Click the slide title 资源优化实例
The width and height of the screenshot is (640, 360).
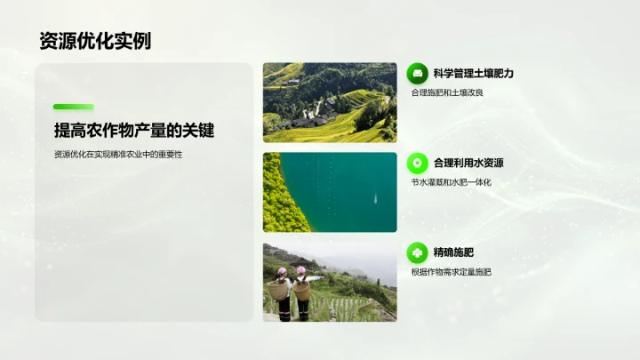tap(95, 41)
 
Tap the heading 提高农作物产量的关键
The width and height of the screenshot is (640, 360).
tap(134, 130)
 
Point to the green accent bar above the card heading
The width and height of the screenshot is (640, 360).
tap(73, 107)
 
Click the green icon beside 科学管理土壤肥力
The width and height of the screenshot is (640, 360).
tap(418, 73)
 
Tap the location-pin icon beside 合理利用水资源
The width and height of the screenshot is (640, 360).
tap(418, 163)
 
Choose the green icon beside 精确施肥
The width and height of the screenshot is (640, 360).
tap(418, 252)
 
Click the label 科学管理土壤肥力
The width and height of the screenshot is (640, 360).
tap(474, 73)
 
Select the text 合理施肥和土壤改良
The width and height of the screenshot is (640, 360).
tap(446, 92)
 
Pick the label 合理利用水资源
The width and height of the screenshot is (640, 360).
tap(468, 163)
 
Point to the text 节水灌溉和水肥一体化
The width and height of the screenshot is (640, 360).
tap(451, 182)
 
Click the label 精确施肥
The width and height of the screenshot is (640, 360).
tap(454, 252)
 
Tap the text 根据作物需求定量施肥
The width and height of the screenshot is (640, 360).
tap(451, 272)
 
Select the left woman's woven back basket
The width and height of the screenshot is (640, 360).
tap(280, 290)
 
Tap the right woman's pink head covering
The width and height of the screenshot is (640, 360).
tap(301, 270)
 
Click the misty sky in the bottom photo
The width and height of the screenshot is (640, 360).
tap(356, 258)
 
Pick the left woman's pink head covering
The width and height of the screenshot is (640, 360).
tap(282, 271)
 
